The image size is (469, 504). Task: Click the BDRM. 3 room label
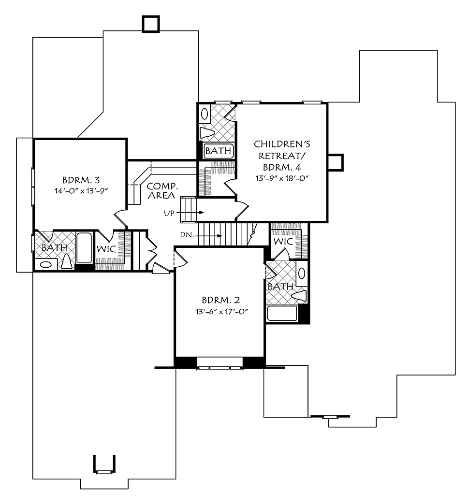click(81, 180)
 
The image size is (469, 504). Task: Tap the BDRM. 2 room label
click(220, 300)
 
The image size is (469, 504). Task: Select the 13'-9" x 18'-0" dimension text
click(282, 178)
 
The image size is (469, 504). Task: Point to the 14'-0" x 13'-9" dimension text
click(81, 190)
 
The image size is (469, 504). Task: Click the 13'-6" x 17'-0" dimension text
click(222, 312)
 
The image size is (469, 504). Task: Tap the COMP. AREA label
click(162, 190)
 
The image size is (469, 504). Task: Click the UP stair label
click(169, 213)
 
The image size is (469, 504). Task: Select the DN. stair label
click(187, 235)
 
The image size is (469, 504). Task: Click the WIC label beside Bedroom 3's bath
click(106, 249)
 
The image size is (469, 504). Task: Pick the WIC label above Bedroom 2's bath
click(283, 241)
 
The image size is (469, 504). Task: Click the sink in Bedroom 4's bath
click(204, 114)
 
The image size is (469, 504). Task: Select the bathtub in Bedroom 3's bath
click(84, 248)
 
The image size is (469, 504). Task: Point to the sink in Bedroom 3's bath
click(45, 265)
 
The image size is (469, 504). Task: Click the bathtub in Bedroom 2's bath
click(282, 314)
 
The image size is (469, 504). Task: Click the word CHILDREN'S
click(282, 144)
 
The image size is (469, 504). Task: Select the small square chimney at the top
click(151, 24)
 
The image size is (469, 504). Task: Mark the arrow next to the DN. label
click(210, 236)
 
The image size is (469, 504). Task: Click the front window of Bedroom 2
click(220, 366)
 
